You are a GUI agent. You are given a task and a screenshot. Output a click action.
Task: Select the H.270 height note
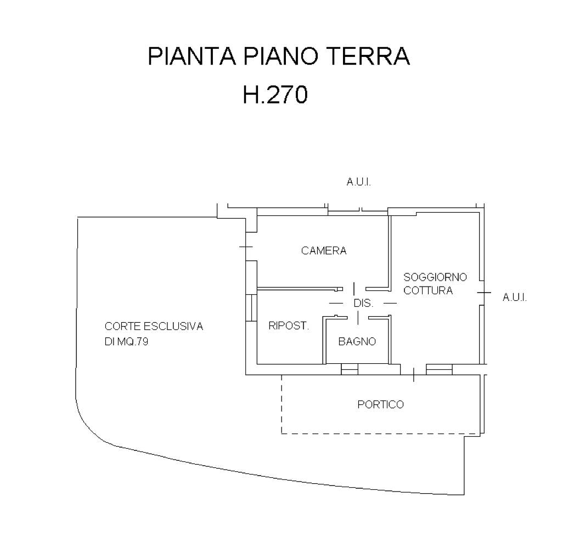click(275, 95)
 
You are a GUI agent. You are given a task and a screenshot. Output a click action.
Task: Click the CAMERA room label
click(324, 251)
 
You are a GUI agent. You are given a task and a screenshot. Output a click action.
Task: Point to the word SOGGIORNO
click(435, 277)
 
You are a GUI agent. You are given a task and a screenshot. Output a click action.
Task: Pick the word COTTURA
click(428, 290)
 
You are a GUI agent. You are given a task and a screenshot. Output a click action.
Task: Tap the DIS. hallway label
click(364, 303)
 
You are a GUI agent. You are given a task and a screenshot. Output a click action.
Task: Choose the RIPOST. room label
click(289, 326)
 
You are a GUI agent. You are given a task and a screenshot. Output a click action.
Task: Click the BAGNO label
click(357, 341)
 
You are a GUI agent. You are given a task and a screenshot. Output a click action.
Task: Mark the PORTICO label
click(380, 405)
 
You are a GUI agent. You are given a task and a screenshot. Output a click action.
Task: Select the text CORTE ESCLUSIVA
click(154, 327)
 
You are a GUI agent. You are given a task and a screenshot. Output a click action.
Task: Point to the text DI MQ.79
click(127, 341)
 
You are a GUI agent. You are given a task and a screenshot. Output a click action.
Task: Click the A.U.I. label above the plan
click(359, 182)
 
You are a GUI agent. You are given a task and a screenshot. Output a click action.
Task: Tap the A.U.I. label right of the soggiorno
click(515, 298)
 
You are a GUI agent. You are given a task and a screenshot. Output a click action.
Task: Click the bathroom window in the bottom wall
click(350, 370)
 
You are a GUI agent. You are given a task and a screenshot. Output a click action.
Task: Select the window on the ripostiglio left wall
click(251, 307)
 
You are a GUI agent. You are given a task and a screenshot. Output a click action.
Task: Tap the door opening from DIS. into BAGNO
click(358, 317)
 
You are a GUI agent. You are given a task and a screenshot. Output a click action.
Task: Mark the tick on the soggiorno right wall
click(483, 293)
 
